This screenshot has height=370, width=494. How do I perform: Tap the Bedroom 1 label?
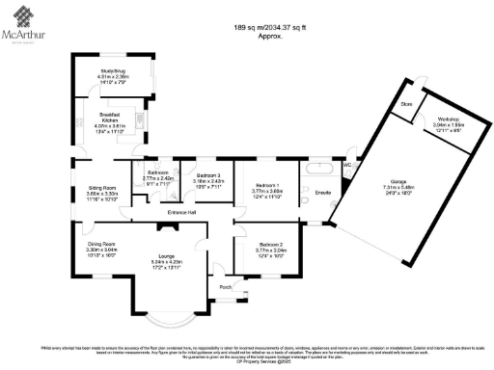coord(266,185)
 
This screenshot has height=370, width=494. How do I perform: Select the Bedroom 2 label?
coord(266,247)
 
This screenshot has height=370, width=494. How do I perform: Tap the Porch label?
coord(226,287)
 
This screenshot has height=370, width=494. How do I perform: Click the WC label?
coord(347,165)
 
